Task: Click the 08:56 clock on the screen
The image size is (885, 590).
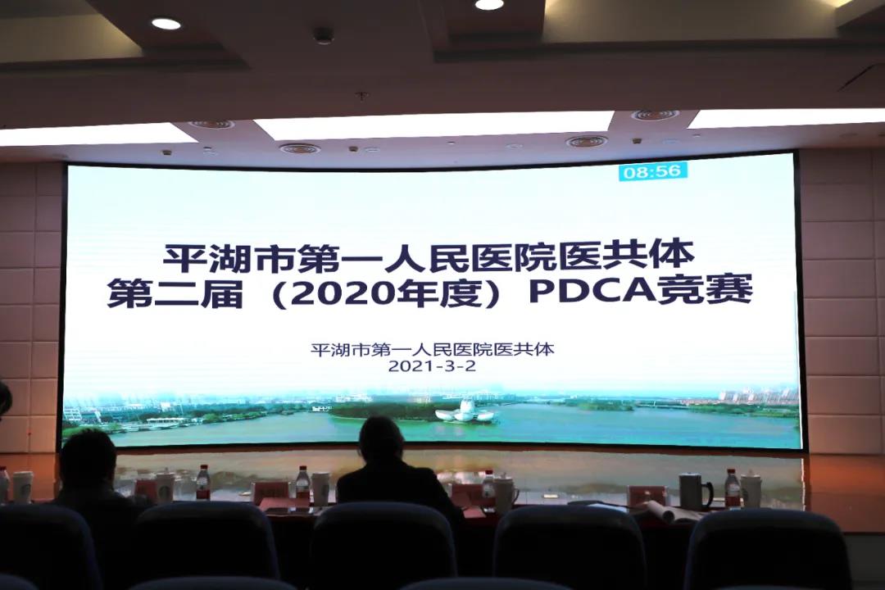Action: pyautogui.click(x=653, y=171)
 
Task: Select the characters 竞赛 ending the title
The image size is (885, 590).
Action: pyautogui.click(x=706, y=291)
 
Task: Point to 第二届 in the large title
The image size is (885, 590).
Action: pyautogui.click(x=175, y=293)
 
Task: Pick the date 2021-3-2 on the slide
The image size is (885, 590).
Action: pyautogui.click(x=433, y=365)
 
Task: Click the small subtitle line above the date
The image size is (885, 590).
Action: pyautogui.click(x=433, y=349)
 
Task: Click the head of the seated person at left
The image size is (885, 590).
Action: pyautogui.click(x=88, y=456)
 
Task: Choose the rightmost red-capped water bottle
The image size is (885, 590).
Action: pyautogui.click(x=732, y=489)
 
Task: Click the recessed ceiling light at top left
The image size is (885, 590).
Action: pyautogui.click(x=166, y=24)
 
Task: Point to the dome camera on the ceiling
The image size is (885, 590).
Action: pyautogui.click(x=324, y=35)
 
